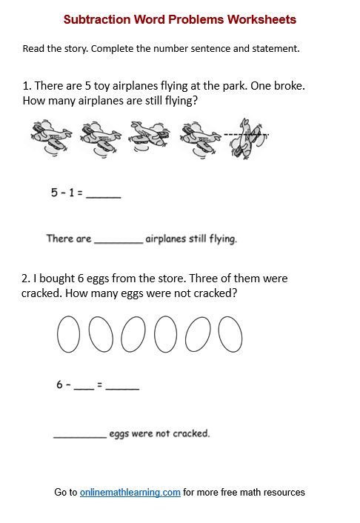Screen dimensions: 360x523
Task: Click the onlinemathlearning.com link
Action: (x=130, y=492)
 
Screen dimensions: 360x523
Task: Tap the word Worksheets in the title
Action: (x=260, y=19)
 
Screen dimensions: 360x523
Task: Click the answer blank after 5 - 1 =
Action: (x=104, y=196)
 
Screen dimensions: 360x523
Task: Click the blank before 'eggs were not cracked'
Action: (x=80, y=436)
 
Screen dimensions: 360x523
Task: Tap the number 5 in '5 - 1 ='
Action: (x=54, y=193)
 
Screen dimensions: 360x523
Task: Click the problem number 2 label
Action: (x=25, y=279)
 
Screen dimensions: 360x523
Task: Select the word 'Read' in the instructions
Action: (x=33, y=49)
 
